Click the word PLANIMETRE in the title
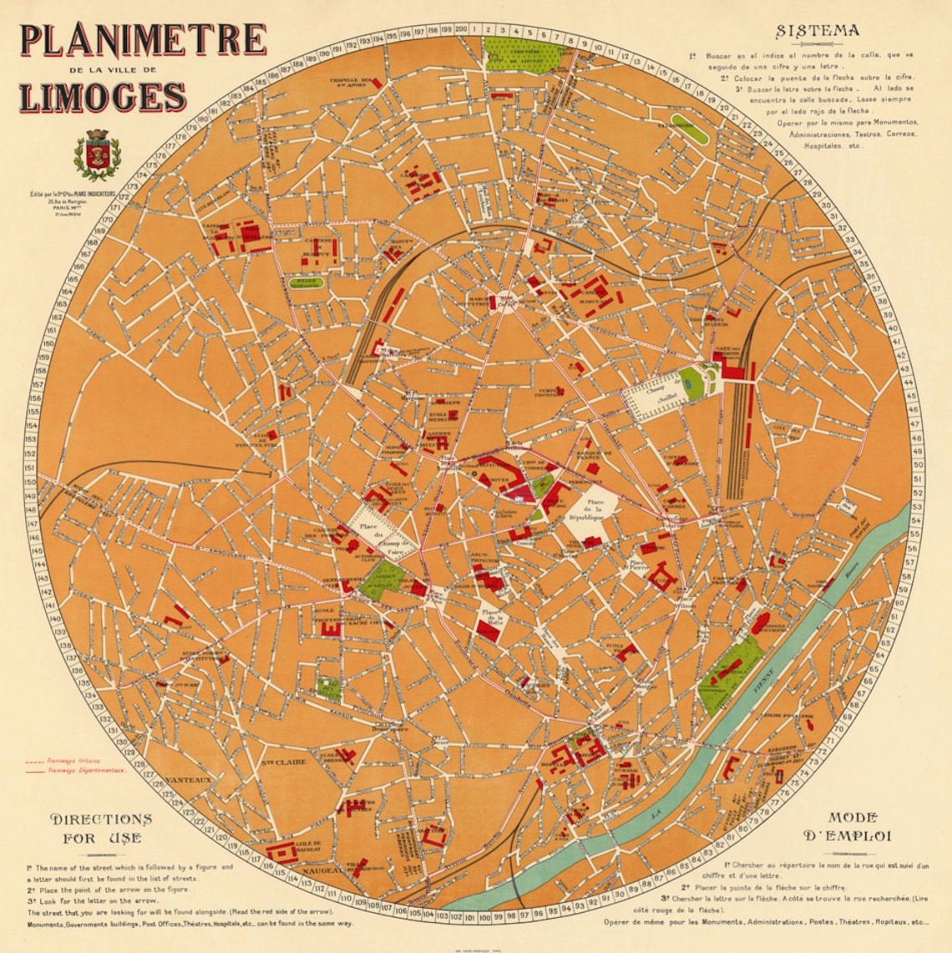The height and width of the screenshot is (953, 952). point(143,39)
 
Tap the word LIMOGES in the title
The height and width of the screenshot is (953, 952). point(102,97)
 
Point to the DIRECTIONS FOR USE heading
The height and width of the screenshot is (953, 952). point(101,828)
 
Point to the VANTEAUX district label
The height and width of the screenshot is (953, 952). point(188,780)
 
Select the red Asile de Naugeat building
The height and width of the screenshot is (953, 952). point(282,852)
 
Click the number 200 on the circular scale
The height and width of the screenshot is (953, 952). point(460,29)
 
